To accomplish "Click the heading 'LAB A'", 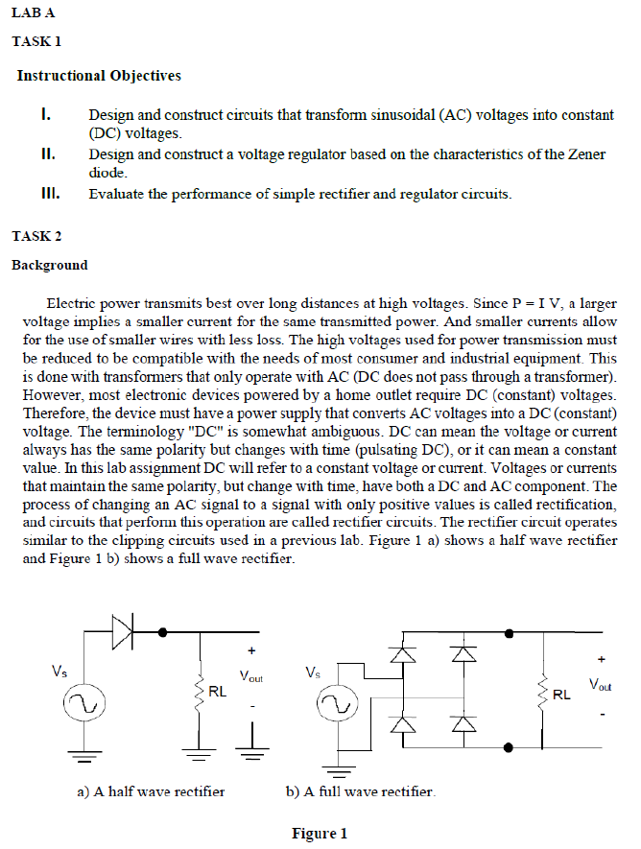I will [x=33, y=12].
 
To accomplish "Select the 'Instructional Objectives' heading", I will [x=99, y=76].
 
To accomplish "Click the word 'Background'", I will [x=49, y=265].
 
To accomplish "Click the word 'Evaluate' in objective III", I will [x=116, y=194].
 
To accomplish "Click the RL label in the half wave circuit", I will [x=217, y=691].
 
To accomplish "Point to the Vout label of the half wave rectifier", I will [x=250, y=678].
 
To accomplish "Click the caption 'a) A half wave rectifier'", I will [x=151, y=791].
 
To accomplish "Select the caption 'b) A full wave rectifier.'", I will [x=361, y=791].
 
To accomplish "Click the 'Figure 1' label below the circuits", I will [x=320, y=833].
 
